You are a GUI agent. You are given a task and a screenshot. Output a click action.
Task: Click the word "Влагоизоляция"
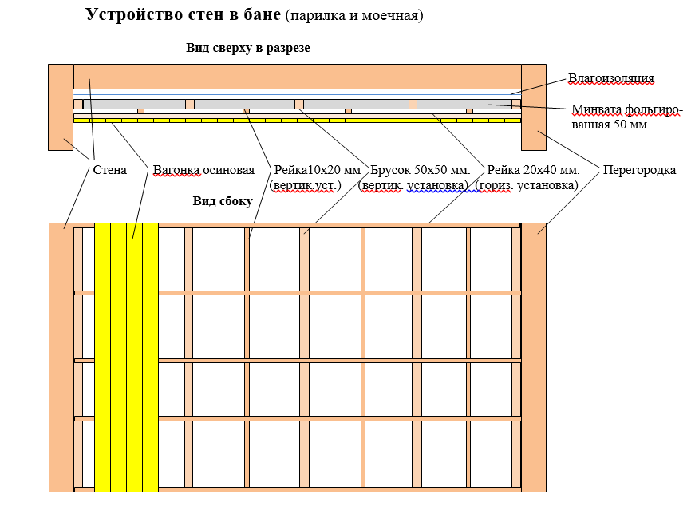[610, 78]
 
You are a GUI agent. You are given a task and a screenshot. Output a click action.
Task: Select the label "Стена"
[109, 170]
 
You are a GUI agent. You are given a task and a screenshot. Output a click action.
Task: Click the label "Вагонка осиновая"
[203, 170]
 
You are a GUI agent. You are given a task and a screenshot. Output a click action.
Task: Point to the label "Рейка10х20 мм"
[318, 170]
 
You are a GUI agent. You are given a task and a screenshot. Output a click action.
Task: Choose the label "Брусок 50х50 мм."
[421, 170]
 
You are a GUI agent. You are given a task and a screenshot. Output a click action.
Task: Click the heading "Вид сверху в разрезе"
[248, 48]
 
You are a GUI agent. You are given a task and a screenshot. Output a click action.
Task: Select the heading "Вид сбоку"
[223, 201]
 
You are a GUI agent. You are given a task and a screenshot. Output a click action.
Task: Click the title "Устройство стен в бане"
[183, 15]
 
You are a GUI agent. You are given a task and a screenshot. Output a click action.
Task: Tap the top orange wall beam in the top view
[297, 77]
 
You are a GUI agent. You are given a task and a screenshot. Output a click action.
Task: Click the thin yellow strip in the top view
[297, 121]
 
